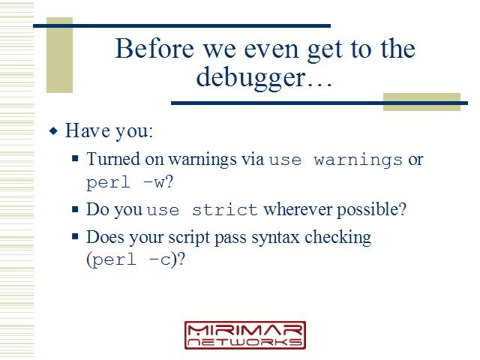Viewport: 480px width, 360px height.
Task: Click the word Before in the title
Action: (154, 48)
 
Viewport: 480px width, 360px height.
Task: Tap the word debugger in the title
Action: (251, 78)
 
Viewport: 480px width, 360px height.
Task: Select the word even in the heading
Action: (271, 50)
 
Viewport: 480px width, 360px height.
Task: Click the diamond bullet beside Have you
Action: (53, 131)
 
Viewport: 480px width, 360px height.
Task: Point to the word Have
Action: (88, 130)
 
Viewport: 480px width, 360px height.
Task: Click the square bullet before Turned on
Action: (75, 158)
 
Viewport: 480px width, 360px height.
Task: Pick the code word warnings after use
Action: (358, 160)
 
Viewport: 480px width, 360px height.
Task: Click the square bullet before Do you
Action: (75, 209)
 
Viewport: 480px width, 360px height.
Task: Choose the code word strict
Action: (225, 210)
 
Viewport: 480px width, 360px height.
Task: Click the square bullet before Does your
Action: (75, 236)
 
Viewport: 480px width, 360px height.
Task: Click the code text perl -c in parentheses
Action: (132, 260)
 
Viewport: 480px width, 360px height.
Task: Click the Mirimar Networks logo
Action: (245, 335)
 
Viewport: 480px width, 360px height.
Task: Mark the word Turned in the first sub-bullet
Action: (113, 159)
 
